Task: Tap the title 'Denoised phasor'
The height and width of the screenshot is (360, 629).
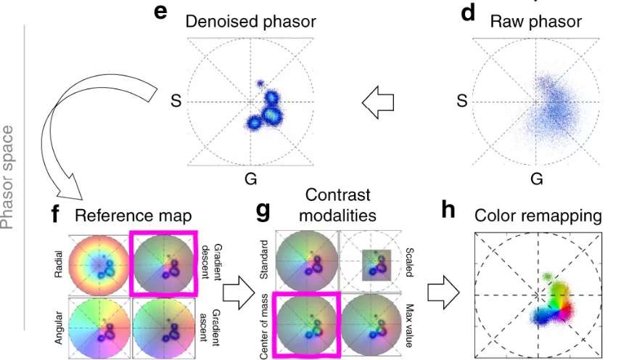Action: [250, 22]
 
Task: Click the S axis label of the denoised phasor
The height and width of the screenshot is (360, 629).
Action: [174, 102]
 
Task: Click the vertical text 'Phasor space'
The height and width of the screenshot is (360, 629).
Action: [9, 176]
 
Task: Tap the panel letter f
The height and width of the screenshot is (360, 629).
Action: [56, 215]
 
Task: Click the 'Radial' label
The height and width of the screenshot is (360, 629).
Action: [58, 265]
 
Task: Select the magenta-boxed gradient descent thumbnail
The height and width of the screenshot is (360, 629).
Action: [163, 262]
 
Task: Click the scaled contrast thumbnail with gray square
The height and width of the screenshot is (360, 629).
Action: [372, 263]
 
